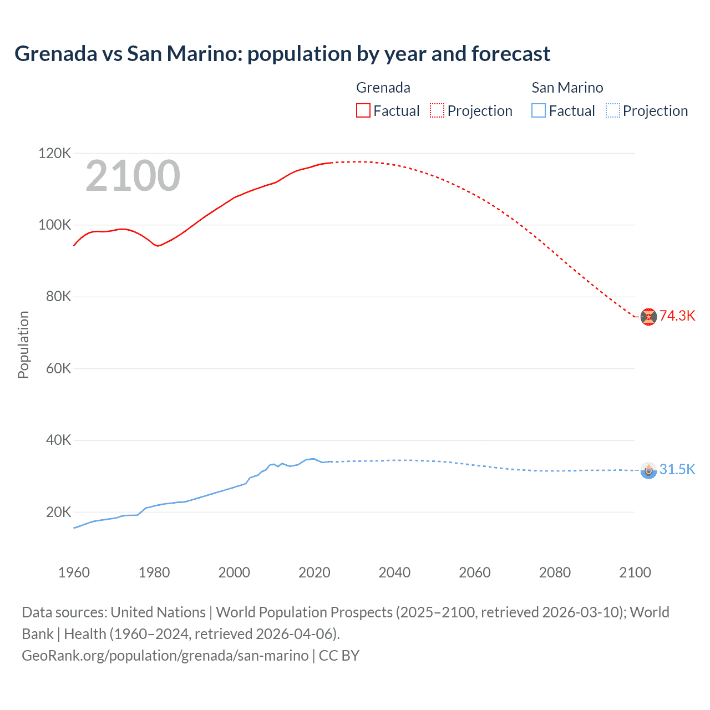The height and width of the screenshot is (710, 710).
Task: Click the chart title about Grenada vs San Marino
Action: click(x=282, y=54)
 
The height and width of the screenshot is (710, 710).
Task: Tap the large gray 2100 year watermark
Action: click(x=133, y=176)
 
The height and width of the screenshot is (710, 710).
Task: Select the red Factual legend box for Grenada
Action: click(x=363, y=110)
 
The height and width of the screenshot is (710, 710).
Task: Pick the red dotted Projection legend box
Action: click(x=437, y=110)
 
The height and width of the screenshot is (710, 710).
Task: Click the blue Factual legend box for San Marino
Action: click(x=539, y=110)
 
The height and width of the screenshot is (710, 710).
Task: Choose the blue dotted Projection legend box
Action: click(x=613, y=110)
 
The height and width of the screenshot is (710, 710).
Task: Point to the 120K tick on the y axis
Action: click(x=54, y=153)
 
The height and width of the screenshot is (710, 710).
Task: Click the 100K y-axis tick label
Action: click(x=54, y=225)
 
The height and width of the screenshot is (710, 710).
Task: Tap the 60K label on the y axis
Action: click(x=58, y=368)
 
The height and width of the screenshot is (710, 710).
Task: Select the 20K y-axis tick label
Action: click(x=58, y=512)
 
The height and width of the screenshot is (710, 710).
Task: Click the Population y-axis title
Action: click(x=23, y=344)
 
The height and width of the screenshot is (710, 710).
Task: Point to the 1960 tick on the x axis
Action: click(x=74, y=572)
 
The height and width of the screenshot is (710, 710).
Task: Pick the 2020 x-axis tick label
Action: click(x=315, y=572)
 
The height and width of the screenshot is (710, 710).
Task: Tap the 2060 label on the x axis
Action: click(x=475, y=572)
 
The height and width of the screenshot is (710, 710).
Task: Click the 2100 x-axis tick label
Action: click(x=635, y=572)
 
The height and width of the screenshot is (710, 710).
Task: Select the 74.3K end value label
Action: click(x=677, y=316)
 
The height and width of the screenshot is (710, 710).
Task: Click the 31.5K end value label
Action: click(x=677, y=469)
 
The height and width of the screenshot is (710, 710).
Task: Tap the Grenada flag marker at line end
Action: click(x=648, y=317)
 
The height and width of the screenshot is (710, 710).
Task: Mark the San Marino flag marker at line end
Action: click(x=648, y=470)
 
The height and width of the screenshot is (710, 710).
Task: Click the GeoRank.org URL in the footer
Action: click(x=165, y=656)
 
